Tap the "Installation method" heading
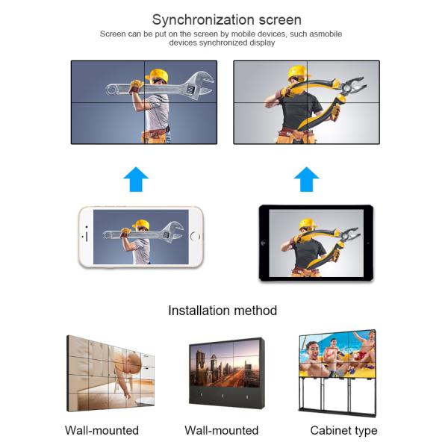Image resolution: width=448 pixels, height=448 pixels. (x=223, y=310)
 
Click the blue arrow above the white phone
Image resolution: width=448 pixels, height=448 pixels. (x=136, y=179)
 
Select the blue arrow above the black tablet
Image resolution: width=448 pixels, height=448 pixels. (x=306, y=179)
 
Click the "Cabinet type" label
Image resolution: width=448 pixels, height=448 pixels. (x=343, y=430)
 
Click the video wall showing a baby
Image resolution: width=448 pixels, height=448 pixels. (x=112, y=373)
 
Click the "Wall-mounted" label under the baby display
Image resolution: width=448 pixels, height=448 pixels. (x=102, y=430)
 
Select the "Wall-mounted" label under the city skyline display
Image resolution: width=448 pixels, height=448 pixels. (x=221, y=430)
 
